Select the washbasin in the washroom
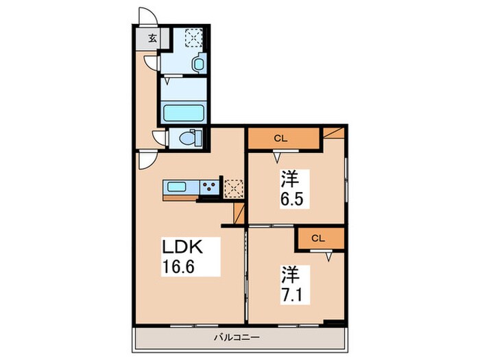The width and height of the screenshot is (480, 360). click(199, 64)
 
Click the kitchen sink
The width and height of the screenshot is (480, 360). click(180, 186)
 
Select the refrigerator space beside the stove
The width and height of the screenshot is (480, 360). click(233, 187)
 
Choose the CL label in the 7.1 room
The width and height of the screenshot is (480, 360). click(317, 239)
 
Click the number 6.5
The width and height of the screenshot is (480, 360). click(291, 202)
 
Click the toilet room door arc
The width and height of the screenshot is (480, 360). click(159, 137)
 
